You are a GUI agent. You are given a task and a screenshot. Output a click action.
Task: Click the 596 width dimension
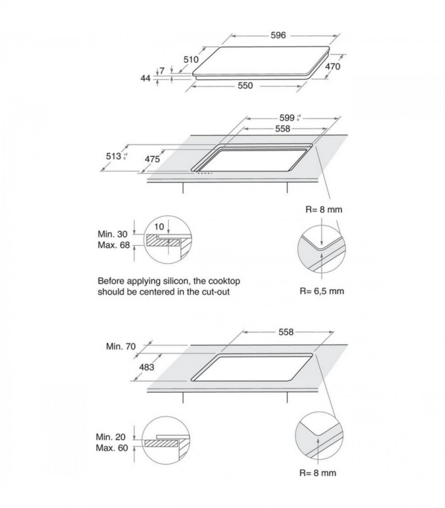(x=278, y=36)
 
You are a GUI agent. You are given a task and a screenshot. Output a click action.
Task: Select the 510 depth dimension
(x=191, y=59)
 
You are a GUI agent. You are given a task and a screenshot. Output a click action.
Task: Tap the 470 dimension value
(x=333, y=67)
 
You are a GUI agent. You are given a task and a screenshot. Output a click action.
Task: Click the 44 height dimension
(x=145, y=78)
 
